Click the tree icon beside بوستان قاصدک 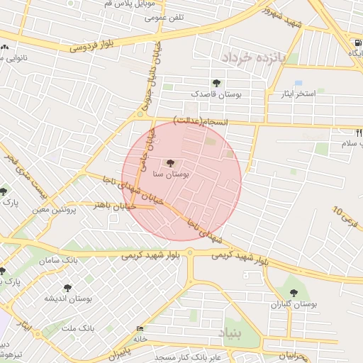point(216,83)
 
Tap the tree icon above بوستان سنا point(169,163)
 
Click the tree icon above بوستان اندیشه point(67,288)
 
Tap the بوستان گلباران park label point(293,304)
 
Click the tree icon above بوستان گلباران point(293,292)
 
